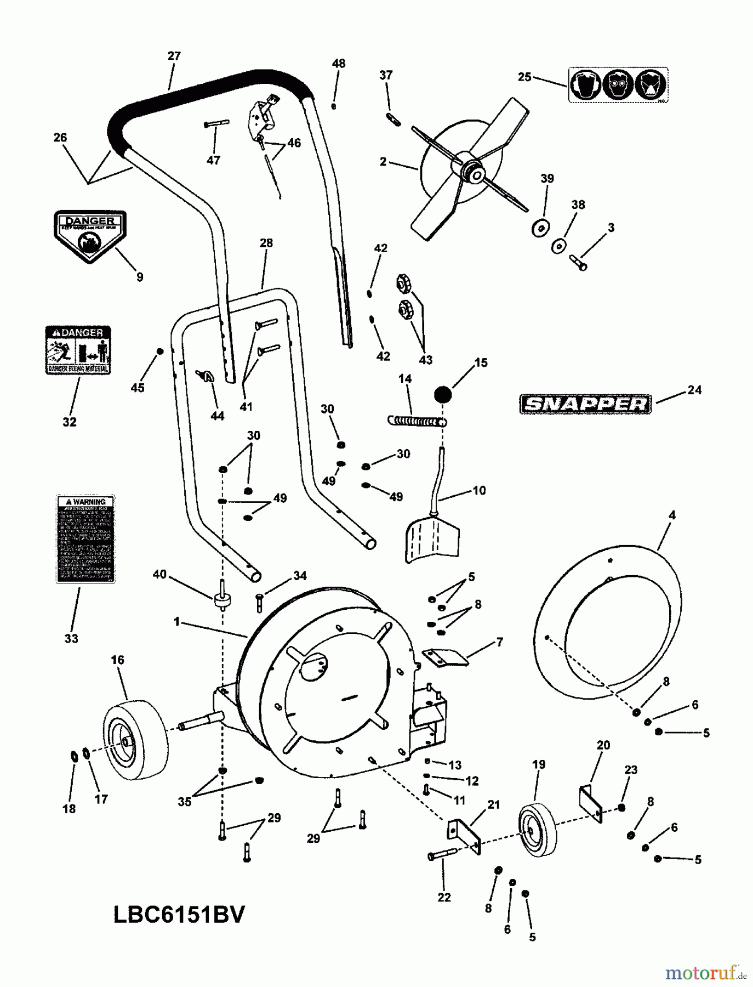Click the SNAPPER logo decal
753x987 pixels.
[585, 404]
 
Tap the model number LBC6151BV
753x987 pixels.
[179, 915]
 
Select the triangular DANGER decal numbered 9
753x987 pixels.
[90, 235]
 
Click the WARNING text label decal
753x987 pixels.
[86, 539]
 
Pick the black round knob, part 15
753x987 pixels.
[443, 394]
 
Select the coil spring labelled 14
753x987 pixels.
[417, 421]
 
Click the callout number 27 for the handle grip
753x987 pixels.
[174, 56]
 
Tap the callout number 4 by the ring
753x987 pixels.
[672, 515]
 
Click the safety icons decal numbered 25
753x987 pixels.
[618, 85]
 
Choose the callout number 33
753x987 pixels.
[71, 638]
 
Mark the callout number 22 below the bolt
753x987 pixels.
[444, 897]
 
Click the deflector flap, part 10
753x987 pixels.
[432, 540]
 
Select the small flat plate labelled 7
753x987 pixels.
[447, 657]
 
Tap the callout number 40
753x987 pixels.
[159, 575]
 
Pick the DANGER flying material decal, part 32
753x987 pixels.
[78, 350]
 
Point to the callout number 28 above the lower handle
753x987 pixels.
[266, 243]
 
